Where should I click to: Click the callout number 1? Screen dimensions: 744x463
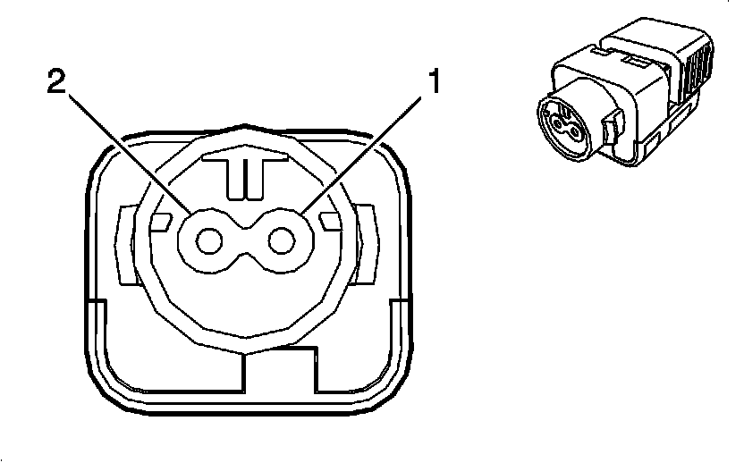[434, 83]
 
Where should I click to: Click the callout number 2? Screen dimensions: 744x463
[56, 83]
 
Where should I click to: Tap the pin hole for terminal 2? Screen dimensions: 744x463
[209, 240]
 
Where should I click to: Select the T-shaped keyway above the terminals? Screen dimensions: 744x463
[241, 172]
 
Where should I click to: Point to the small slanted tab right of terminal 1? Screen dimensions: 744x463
[329, 220]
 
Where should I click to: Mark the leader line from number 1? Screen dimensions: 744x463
[367, 153]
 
